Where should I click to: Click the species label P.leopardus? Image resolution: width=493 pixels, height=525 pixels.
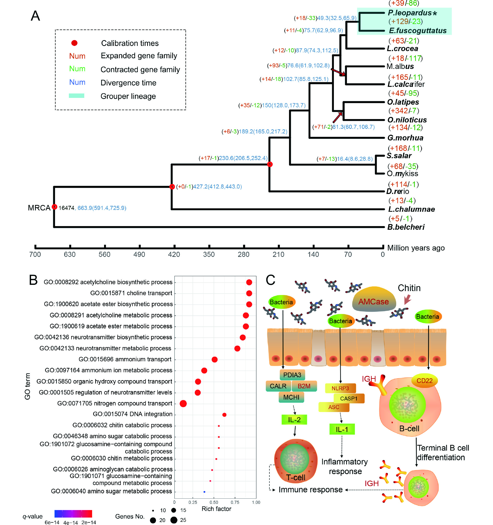pos(409,13)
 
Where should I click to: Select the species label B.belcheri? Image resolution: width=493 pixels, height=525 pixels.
pos(406,227)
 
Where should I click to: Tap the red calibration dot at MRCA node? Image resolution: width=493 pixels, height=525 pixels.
pos(54,207)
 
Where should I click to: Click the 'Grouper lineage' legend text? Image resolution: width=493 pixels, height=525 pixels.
pos(128,96)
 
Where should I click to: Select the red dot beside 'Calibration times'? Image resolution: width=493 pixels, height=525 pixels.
pos(74,43)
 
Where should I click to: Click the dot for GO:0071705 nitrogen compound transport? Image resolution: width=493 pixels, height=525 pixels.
pos(183,404)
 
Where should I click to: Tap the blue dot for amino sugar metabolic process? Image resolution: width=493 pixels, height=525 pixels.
pos(204,492)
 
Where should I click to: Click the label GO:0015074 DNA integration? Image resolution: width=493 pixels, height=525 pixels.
pos(133,414)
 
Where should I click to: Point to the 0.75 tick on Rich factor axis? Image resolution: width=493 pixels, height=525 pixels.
pos(235,502)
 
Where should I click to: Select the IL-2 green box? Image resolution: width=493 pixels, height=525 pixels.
pos(294,420)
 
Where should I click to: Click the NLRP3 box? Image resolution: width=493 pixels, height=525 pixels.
pos(340,388)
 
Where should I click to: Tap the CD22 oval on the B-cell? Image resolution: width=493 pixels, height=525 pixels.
pos(424,381)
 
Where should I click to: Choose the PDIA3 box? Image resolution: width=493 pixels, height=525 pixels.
pos(292,375)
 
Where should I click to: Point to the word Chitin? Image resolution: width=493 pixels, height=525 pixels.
pos(409,288)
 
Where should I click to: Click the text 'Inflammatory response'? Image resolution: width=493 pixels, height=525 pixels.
pos(344,466)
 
